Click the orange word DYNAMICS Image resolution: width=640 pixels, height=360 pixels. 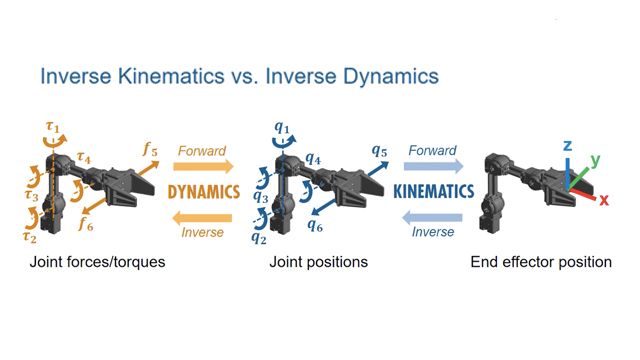point(201,190)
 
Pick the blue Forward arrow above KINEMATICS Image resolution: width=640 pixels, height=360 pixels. point(432,166)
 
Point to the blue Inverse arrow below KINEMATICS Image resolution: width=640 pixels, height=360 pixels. point(432,216)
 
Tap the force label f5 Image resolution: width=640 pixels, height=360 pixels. point(150,150)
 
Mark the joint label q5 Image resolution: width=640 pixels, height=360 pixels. point(379,151)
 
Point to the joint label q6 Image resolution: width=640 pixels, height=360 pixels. point(317,226)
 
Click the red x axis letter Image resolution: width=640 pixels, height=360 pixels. point(605,198)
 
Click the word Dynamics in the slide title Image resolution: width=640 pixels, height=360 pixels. point(382,77)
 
